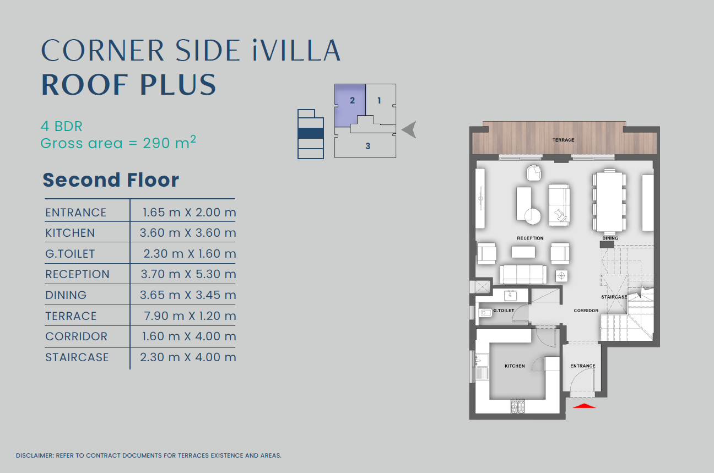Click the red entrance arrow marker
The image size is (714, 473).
coord(584,406)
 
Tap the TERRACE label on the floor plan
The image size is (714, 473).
coord(563,140)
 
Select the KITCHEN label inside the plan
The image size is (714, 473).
coord(515,366)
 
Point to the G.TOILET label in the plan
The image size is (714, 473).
coord(504,310)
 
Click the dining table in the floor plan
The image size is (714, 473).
coord(609,202)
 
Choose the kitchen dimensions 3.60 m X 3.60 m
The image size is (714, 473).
coord(188,233)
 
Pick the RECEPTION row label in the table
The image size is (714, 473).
coord(78,274)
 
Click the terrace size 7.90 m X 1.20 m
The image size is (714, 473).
coord(190,316)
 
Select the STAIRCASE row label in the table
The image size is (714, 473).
coord(77,357)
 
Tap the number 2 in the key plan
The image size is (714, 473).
coord(352,101)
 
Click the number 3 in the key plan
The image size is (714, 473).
coord(368,146)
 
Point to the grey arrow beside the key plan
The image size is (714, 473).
coord(409,129)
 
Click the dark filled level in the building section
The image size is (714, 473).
coord(311,133)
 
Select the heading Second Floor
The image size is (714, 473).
coord(111,180)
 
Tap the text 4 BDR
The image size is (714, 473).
coord(62,127)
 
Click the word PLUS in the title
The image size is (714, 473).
coord(178,85)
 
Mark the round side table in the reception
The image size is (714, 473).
coord(533,216)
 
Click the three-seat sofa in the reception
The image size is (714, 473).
coord(523,274)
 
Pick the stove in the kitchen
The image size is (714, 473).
coord(518,407)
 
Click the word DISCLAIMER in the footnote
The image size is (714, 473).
coord(34,456)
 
